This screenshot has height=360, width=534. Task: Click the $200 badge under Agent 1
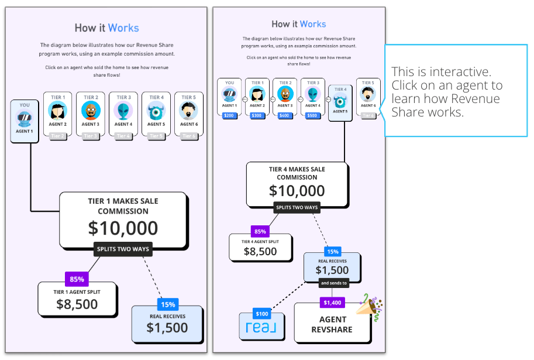tap(229, 116)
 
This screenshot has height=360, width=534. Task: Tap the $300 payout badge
tap(257, 116)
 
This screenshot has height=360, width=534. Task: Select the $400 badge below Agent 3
tap(285, 116)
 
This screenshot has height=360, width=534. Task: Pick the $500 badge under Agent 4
tap(312, 116)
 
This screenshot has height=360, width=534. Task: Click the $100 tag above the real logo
tap(262, 314)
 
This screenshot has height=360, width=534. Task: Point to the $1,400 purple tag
tap(332, 303)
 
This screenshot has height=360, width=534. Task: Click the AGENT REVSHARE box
tap(332, 324)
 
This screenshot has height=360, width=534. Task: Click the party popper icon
tap(373, 306)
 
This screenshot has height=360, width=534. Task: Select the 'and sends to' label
tap(333, 283)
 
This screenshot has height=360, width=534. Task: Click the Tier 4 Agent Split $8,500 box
tap(260, 248)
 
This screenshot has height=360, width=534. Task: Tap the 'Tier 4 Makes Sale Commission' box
tap(297, 183)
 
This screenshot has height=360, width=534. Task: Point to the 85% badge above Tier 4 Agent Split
tap(260, 231)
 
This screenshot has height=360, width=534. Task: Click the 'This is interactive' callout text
tap(447, 91)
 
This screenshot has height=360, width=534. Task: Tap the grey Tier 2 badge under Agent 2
tap(57, 136)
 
